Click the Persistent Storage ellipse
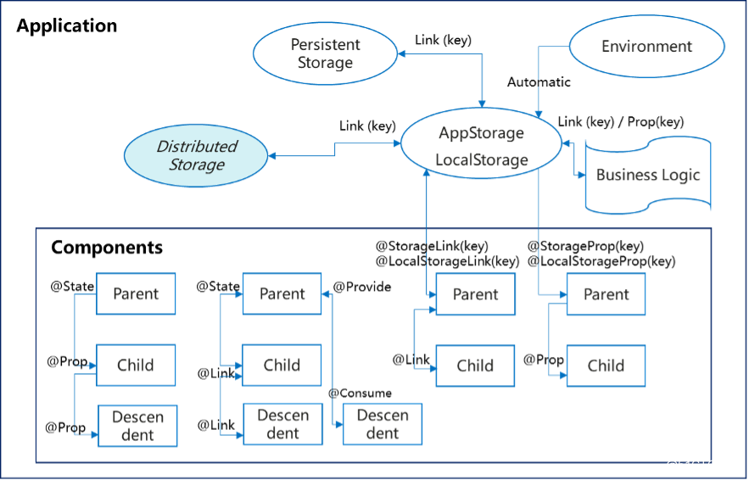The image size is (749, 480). (x=325, y=53)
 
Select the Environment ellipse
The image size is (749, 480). (x=646, y=47)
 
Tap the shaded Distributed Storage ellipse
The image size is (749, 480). (x=196, y=156)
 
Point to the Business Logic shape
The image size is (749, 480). (x=648, y=176)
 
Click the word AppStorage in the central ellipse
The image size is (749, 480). (x=481, y=133)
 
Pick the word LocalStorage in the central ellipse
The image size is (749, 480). (x=482, y=159)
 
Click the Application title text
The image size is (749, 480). (x=67, y=25)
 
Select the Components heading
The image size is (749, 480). (x=107, y=248)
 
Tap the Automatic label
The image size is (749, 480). (x=539, y=82)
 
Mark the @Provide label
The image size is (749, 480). (x=362, y=287)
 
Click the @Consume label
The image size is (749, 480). (x=361, y=393)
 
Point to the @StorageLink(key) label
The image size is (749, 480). (x=432, y=247)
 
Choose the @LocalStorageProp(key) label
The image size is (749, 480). (x=601, y=261)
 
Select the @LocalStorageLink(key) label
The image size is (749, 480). (x=448, y=261)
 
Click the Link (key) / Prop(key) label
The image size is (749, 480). (x=621, y=122)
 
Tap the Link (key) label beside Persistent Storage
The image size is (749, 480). (x=444, y=40)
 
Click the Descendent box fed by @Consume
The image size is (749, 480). (x=383, y=424)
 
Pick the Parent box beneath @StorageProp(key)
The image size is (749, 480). (x=606, y=294)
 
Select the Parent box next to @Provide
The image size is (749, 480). (x=282, y=293)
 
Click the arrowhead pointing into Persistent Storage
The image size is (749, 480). (x=402, y=54)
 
